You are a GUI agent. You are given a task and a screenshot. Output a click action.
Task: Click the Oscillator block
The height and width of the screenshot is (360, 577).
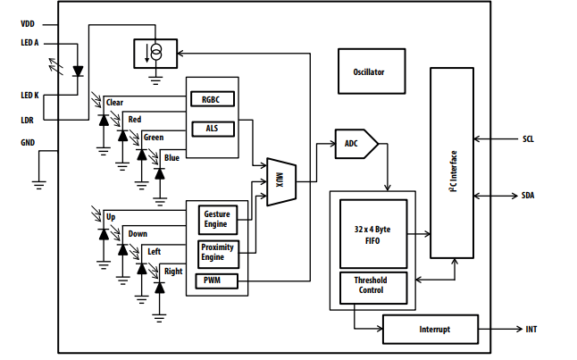pos(372,71)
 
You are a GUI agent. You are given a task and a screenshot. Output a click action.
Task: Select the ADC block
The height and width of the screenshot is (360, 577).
pos(356,144)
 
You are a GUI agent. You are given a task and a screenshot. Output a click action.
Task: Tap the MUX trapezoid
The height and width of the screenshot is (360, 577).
pos(281,182)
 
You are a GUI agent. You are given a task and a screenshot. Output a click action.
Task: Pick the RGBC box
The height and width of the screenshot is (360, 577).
pos(213,99)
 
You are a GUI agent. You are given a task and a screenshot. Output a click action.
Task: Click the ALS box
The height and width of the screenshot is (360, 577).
pos(213,129)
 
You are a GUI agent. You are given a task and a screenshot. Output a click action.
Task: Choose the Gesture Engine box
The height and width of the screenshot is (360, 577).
pos(218,220)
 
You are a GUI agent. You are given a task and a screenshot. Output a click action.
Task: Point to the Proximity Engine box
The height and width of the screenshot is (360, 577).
pos(218,255)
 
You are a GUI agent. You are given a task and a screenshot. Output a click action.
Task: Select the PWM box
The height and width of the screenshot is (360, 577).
pos(216,280)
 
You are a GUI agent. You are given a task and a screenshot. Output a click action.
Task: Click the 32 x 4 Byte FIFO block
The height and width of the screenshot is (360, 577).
pos(373,234)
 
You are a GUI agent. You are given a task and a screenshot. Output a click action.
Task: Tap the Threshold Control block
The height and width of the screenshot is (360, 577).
pos(373,288)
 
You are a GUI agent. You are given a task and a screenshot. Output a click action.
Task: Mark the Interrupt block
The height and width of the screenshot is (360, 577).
pos(431,329)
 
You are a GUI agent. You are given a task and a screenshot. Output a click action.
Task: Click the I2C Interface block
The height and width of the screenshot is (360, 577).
pos(452,163)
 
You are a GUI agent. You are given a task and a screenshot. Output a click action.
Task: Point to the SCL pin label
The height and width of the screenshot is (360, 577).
pos(528,139)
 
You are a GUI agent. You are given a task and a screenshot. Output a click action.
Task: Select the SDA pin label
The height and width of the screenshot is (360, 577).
pos(528,196)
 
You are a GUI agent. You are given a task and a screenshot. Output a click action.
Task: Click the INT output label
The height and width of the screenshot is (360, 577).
pos(531,329)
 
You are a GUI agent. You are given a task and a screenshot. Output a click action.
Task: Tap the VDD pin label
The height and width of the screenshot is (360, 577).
pos(28,24)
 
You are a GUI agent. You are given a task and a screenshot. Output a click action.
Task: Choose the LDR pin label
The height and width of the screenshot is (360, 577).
pos(27,120)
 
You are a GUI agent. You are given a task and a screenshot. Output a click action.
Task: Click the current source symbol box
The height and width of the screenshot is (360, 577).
pos(155,54)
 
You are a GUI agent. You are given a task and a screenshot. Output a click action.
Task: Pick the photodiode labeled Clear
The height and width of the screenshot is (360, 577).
pos(104,121)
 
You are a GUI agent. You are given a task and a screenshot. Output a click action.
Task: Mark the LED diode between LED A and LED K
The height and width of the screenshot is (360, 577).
pos(78,71)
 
